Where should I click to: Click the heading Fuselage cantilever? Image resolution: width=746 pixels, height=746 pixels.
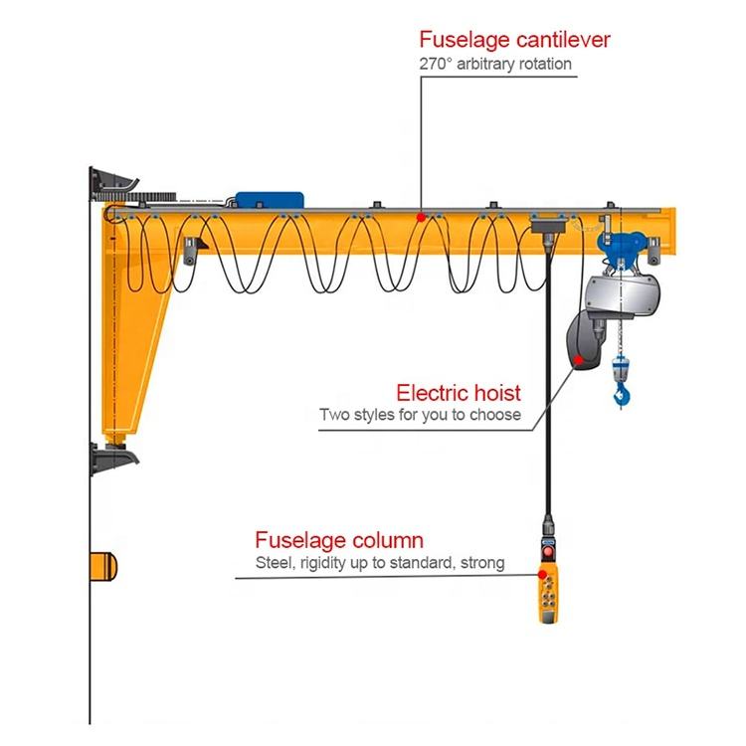click(513, 40)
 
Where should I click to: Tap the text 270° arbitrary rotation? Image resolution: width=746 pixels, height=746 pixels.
click(494, 65)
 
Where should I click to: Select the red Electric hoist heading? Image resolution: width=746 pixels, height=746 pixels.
click(459, 392)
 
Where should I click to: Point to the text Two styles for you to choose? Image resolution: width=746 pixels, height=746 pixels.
click(420, 414)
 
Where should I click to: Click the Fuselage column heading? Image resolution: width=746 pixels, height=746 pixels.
click(339, 541)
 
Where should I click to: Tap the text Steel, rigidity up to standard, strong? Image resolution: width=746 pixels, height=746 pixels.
click(378, 564)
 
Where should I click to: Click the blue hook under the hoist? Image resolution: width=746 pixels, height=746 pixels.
click(623, 398)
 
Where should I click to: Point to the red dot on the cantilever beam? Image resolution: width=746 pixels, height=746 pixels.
click(421, 216)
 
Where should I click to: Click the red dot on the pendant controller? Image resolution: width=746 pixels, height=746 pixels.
click(544, 571)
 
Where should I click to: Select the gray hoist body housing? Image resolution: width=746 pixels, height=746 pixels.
click(623, 292)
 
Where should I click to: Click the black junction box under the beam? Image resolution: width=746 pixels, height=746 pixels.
click(547, 229)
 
